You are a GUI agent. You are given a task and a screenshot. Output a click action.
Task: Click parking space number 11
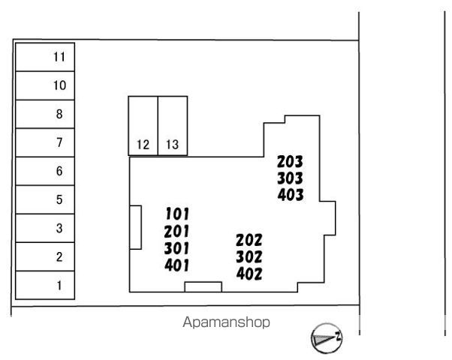point(45,57)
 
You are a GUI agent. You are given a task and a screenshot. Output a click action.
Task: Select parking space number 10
point(45,85)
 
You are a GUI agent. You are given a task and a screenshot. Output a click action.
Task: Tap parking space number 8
point(45,114)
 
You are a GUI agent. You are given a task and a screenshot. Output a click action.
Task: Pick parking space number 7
point(45,142)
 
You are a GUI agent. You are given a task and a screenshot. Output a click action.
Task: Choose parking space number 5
point(45,199)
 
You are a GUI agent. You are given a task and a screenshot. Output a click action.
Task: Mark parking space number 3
point(45,228)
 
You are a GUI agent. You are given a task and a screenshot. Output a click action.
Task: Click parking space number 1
point(45,285)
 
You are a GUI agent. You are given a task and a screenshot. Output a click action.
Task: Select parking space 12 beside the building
point(143,126)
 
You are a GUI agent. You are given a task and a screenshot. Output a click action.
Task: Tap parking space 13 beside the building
point(173,126)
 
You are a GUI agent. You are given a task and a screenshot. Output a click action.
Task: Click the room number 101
point(177,214)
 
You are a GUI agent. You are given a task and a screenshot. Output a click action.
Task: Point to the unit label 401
point(177,265)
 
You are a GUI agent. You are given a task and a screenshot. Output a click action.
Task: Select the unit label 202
point(249,240)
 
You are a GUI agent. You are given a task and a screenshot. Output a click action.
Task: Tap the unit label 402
point(249,274)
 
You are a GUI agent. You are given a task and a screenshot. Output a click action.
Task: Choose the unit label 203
point(290,161)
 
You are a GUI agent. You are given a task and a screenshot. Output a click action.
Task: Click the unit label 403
point(291,195)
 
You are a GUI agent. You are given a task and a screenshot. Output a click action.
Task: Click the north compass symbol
point(327,338)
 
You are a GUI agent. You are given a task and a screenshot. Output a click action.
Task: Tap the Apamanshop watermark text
point(226,322)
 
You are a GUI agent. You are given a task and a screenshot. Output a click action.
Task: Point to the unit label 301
point(176,248)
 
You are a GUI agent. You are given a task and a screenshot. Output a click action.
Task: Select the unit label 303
point(290,178)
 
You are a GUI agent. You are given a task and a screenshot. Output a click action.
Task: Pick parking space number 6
point(45,171)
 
